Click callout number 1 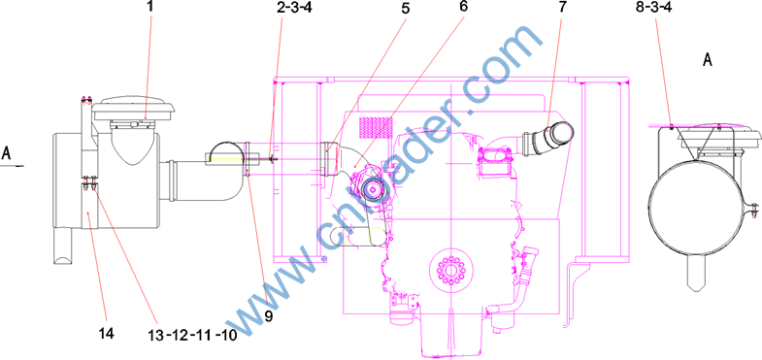[x=150, y=7]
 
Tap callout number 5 [x=405, y=8]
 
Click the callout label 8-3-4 [x=655, y=8]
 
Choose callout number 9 [x=268, y=316]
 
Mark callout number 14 [x=107, y=333]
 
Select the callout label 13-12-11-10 [x=192, y=335]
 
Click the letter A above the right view [x=708, y=60]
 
